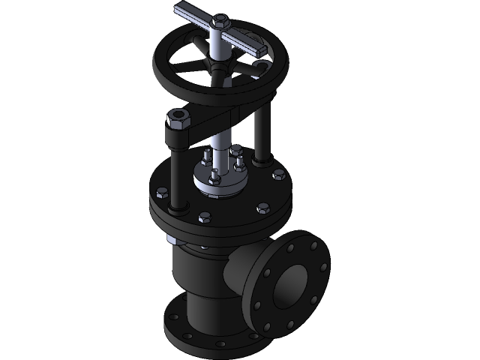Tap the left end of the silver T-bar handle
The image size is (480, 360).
pos(182,10)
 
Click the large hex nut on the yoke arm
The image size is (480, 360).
pos(177,119)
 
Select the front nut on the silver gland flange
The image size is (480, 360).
pos(215,177)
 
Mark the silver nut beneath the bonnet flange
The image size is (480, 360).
pos(172,240)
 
